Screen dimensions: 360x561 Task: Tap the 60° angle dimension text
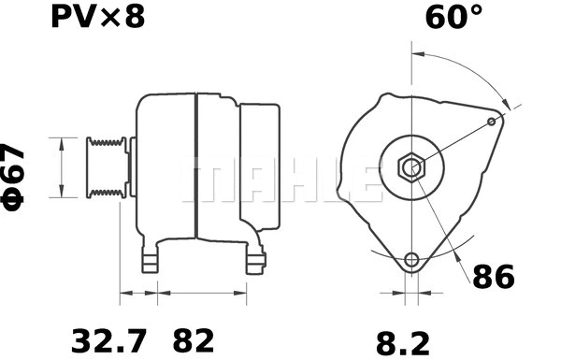pos(453,19)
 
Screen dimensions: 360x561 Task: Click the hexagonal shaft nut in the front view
pos(410,168)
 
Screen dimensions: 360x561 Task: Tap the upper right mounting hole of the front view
pos(493,122)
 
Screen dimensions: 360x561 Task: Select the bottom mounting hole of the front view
pos(411,260)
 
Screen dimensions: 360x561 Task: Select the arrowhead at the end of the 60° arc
pos(506,106)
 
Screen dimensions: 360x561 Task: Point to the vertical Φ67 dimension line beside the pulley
pos(62,168)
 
